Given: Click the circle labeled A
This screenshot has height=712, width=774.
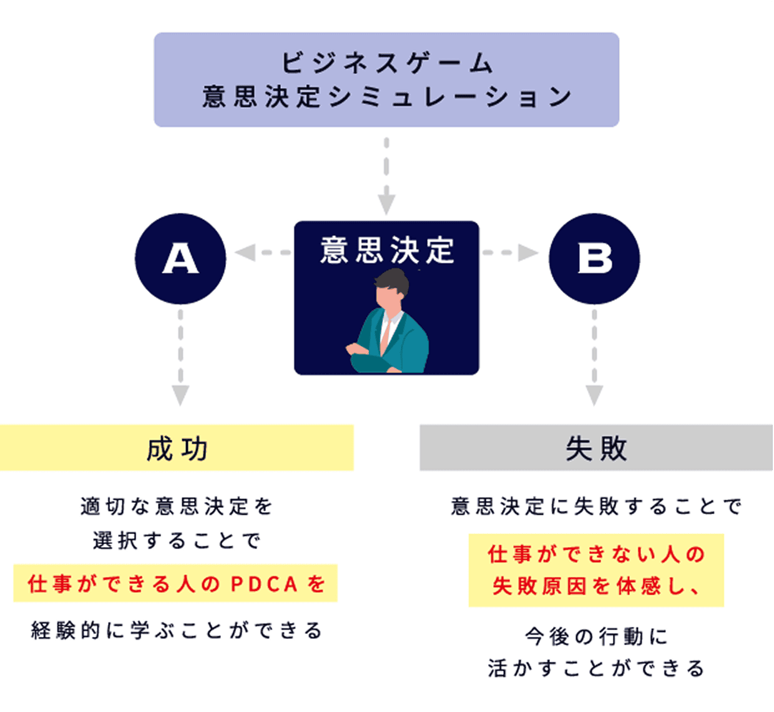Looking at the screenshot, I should pos(180,259).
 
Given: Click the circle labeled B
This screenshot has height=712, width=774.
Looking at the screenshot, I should pos(594,259).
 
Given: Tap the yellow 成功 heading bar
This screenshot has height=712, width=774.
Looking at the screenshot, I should pos(177,448).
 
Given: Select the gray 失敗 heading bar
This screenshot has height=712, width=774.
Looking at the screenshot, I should pos(596,448).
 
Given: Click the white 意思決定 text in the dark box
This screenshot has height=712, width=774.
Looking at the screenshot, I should pos(387,250).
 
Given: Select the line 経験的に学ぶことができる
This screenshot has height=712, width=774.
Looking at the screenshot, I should pos(177,631).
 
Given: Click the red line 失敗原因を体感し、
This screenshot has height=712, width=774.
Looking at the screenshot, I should pos(596,586).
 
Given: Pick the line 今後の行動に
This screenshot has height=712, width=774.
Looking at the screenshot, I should pos(596,636).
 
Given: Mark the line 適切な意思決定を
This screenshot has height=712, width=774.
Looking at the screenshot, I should pos(177,506).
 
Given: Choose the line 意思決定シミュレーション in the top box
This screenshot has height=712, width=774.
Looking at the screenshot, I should pos(386,97).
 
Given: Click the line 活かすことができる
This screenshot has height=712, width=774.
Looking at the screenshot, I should pos(596,668).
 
